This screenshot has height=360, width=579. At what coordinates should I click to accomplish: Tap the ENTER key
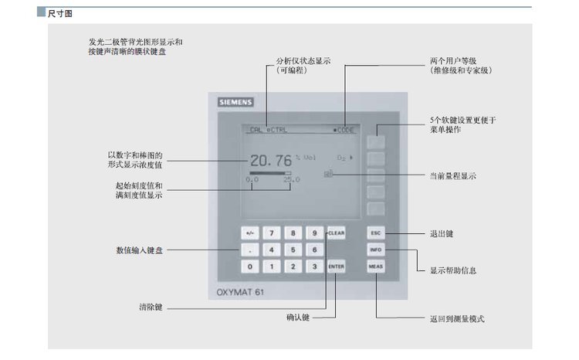pos(335,267)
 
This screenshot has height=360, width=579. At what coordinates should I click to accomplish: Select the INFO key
pos(376,250)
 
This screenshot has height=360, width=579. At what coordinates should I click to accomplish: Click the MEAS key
pos(376,267)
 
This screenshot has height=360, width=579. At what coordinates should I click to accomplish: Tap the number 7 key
pos(271,233)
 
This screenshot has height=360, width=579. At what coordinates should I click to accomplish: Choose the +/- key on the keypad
pos(249,233)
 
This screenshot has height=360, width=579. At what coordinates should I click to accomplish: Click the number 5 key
pos(293,250)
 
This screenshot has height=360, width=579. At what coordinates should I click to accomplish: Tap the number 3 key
pos(314,267)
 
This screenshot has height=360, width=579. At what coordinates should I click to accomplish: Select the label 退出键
pos(442,233)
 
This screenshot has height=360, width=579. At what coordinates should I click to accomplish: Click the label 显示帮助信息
pos(452,270)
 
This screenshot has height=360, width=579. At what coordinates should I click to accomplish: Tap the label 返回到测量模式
pos(457,318)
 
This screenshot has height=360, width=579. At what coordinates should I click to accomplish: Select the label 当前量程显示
pos(452,176)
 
